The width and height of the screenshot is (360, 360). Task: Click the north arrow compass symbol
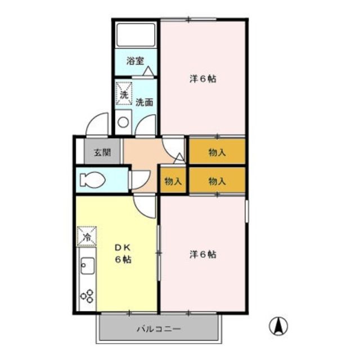(x=278, y=326)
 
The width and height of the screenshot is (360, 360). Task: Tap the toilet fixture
(x=92, y=179)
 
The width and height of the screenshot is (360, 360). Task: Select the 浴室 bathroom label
(x=135, y=61)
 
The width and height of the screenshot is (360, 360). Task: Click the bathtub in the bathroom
(x=136, y=35)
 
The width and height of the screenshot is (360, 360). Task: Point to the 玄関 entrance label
(x=102, y=152)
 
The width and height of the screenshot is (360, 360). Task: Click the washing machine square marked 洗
(x=124, y=94)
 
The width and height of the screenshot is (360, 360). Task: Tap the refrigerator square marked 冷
(x=87, y=236)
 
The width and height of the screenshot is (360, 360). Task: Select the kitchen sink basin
(x=88, y=265)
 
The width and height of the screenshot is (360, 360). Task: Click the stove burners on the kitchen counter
(x=87, y=296)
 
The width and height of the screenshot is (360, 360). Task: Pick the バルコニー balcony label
(x=159, y=329)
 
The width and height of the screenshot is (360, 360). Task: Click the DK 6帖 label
(x=123, y=254)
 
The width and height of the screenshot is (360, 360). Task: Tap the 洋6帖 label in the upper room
(x=202, y=79)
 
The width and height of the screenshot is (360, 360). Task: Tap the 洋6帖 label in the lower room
(x=202, y=254)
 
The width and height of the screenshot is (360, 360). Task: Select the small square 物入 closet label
(x=173, y=182)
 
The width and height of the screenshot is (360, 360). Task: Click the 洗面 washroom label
(x=144, y=102)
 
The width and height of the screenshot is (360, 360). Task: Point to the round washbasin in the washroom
(x=123, y=122)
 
